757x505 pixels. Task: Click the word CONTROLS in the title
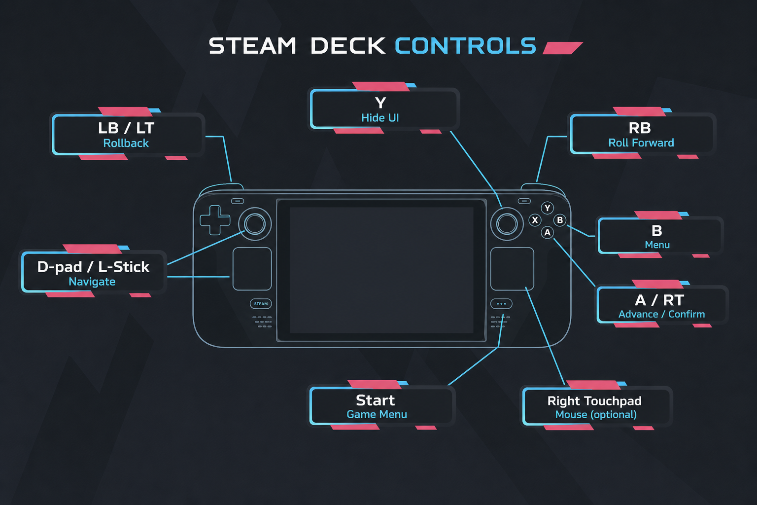point(465,46)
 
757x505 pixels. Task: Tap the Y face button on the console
point(547,208)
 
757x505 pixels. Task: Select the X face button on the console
point(535,220)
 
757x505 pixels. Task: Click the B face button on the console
point(560,220)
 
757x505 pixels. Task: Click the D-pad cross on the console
point(215,220)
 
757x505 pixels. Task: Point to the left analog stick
point(255,224)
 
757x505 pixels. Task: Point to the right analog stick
point(507,224)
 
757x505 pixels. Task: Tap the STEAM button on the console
point(261,304)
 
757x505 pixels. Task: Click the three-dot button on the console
point(501,304)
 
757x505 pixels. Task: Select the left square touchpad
point(252,269)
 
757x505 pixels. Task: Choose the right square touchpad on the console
point(513,269)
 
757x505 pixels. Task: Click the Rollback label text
point(126,143)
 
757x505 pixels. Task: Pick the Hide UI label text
point(380,118)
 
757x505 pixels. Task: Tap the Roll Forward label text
point(641,143)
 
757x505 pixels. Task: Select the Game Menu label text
point(377,414)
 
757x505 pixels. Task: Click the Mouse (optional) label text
point(596,415)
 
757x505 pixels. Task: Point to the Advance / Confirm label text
point(662,314)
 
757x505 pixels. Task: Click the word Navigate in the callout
point(92,282)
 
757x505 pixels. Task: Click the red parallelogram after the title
point(563,48)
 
